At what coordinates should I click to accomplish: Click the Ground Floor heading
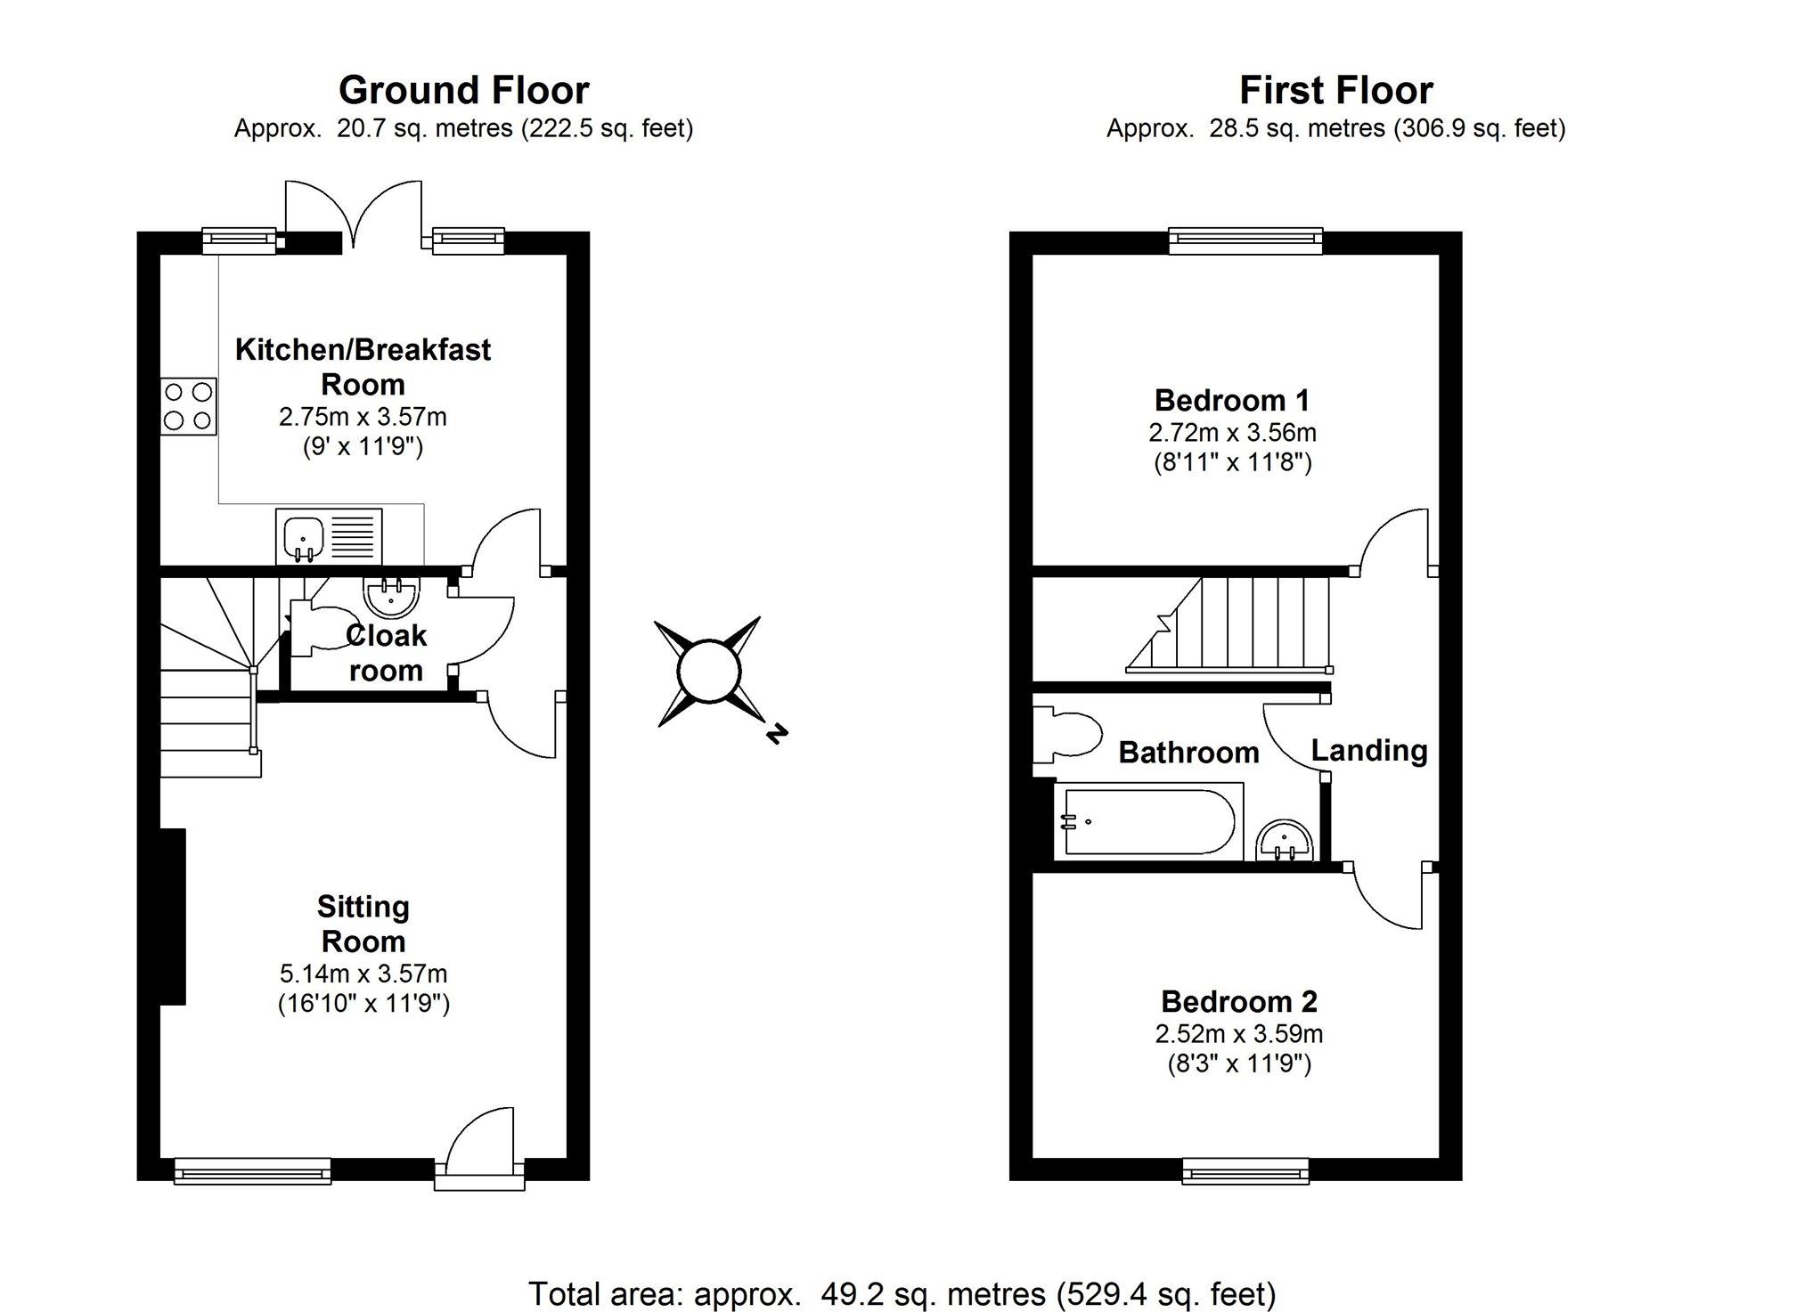click(x=463, y=91)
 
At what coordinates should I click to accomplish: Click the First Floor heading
click(x=1335, y=91)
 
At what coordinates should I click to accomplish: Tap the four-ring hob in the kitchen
click(x=189, y=406)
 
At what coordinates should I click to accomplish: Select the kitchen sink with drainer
click(x=329, y=536)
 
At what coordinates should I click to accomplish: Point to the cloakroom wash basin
click(x=390, y=596)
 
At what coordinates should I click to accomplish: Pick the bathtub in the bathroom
click(x=1148, y=821)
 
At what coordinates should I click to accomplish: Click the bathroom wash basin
click(x=1285, y=842)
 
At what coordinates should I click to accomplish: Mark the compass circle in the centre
click(x=709, y=672)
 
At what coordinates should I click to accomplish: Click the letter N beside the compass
click(x=777, y=733)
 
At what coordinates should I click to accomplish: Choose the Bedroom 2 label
click(x=1238, y=1001)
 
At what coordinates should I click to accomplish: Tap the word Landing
click(x=1369, y=752)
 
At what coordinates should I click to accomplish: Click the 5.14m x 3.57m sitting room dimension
click(x=363, y=974)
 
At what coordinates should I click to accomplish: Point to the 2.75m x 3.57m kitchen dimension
click(x=363, y=417)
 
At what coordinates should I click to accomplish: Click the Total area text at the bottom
click(x=902, y=1293)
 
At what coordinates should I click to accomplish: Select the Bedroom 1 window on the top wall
click(x=1245, y=240)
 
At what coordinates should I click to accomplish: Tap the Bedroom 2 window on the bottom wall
click(x=1245, y=1170)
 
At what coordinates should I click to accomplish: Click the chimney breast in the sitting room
click(x=173, y=917)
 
